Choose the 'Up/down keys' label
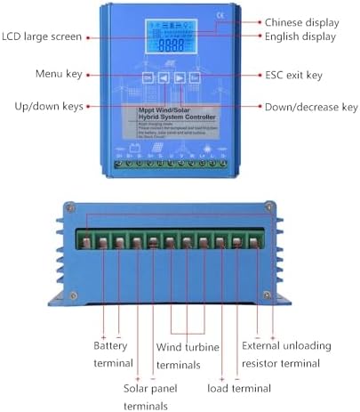(x=48, y=107)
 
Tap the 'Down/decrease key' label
(x=311, y=107)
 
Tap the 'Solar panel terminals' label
(x=152, y=398)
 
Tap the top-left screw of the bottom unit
(x=68, y=208)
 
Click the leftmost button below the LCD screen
(x=148, y=78)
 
